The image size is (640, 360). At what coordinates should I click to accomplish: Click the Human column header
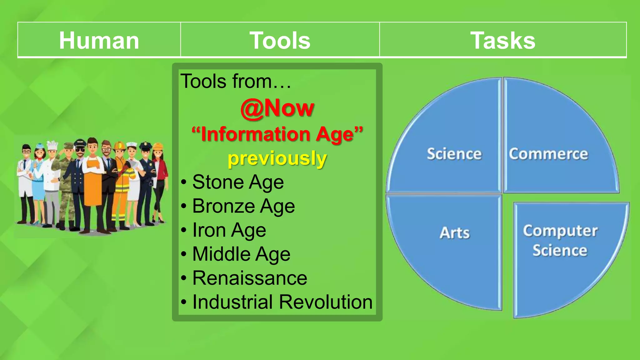(x=99, y=41)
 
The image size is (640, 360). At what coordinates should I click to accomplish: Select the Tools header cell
(x=280, y=41)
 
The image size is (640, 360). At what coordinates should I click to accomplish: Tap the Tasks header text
(x=502, y=41)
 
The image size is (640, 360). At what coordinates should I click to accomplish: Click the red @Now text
(x=277, y=108)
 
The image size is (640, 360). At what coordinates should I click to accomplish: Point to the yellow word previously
(x=277, y=158)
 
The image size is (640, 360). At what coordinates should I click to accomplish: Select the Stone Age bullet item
(x=238, y=182)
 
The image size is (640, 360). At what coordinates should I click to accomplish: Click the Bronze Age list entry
(x=243, y=206)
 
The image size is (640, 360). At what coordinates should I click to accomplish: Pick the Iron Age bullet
(x=229, y=230)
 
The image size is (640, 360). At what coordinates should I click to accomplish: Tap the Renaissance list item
(x=250, y=278)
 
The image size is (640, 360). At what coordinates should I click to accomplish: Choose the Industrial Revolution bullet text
(x=282, y=302)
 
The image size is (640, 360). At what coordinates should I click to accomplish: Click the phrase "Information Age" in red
(x=277, y=134)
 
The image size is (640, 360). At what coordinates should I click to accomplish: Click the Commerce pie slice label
(x=548, y=154)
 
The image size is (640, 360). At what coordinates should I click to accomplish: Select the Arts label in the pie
(x=454, y=233)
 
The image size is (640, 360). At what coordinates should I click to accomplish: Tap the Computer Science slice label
(x=560, y=241)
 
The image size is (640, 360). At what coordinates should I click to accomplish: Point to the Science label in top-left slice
(x=454, y=154)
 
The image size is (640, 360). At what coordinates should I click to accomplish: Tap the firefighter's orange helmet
(x=119, y=146)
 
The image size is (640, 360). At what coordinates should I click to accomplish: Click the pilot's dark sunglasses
(x=80, y=150)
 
